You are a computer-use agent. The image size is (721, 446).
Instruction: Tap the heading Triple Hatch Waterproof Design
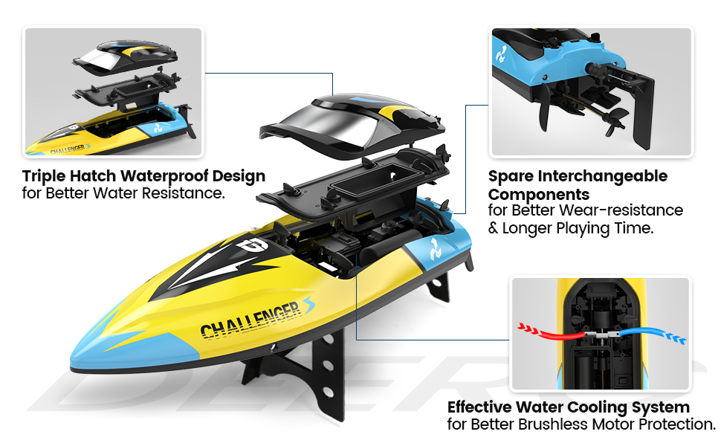[x=143, y=176]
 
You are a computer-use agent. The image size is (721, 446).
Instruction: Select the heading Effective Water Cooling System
[x=569, y=407]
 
